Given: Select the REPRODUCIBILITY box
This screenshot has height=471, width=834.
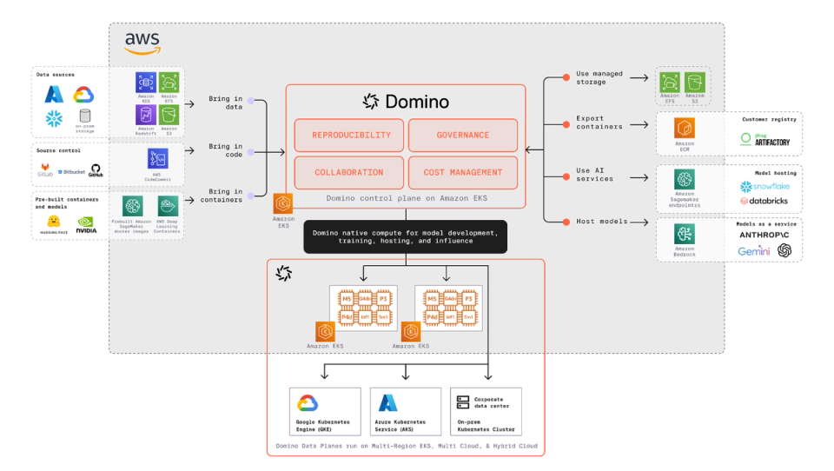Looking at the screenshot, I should [348, 136].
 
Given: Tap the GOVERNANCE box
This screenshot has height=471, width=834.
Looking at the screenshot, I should [463, 136].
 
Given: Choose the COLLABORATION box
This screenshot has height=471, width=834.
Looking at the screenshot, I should [348, 173].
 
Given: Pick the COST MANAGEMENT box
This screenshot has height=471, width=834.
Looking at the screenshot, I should [463, 173].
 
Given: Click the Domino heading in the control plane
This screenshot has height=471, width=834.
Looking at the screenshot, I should [407, 102].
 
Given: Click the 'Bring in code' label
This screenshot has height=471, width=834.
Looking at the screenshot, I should [226, 151].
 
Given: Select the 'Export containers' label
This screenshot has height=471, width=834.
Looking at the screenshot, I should [599, 123].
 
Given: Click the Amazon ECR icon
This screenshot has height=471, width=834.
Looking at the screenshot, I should [685, 129].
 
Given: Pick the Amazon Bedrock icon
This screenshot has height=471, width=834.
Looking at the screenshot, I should [685, 235].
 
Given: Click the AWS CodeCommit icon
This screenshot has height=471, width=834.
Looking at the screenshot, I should [158, 159].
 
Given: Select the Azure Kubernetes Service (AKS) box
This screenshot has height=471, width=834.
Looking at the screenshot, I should [405, 411].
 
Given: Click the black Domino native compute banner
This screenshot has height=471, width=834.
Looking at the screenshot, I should [405, 236].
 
